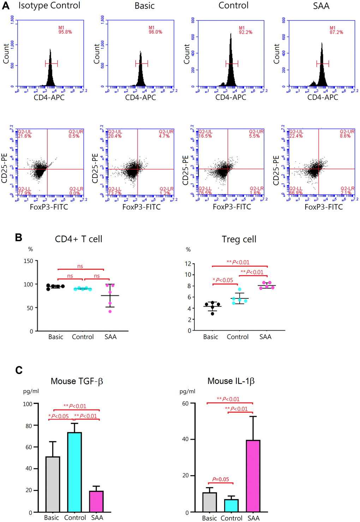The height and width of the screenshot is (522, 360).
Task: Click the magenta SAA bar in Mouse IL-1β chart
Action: click(x=253, y=476)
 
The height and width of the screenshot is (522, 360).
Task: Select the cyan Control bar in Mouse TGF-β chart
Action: click(x=74, y=472)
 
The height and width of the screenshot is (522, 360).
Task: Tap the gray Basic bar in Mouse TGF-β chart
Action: click(x=53, y=484)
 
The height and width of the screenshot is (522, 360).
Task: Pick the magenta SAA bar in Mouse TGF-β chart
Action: click(x=96, y=501)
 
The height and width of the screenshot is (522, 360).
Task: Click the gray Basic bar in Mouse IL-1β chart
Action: click(x=210, y=502)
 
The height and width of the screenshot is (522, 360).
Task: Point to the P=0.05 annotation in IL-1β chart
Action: click(x=221, y=479)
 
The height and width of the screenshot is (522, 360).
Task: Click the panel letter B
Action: click(x=19, y=238)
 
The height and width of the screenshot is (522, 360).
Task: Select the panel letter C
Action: click(x=19, y=370)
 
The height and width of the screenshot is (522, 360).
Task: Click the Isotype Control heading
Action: click(x=49, y=6)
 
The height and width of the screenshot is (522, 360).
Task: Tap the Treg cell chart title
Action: click(x=239, y=239)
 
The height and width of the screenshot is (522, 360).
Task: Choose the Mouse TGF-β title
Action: click(x=77, y=381)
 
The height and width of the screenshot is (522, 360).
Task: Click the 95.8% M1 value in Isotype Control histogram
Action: click(x=65, y=32)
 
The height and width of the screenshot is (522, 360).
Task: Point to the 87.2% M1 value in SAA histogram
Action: click(x=336, y=32)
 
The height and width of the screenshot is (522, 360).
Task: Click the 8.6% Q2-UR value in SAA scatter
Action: click(x=345, y=136)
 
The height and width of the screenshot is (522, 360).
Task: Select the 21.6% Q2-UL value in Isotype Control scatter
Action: click(x=25, y=136)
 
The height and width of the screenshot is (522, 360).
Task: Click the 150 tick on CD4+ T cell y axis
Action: click(x=28, y=261)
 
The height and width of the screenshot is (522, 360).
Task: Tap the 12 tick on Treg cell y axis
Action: click(x=188, y=264)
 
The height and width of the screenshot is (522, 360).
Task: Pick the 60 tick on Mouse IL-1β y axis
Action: click(x=185, y=403)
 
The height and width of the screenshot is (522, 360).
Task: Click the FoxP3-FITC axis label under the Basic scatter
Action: click(x=142, y=207)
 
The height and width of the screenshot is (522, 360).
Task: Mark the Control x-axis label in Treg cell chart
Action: click(x=238, y=337)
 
